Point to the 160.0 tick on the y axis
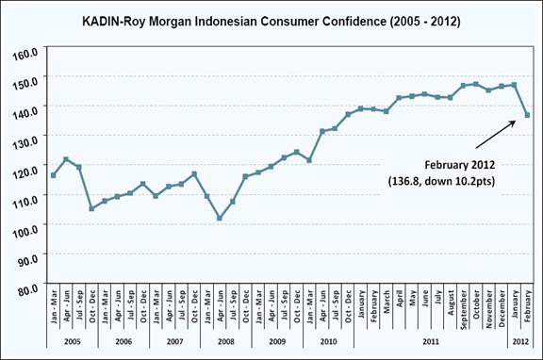click(27, 53)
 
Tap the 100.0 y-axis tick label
click(27, 228)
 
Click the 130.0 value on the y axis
click(27, 140)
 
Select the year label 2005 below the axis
click(71, 340)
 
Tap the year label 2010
click(328, 340)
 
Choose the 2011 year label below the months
click(430, 340)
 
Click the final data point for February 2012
click(527, 115)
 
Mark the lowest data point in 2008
click(220, 218)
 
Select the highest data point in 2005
click(65, 159)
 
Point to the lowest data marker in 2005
click(91, 208)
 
